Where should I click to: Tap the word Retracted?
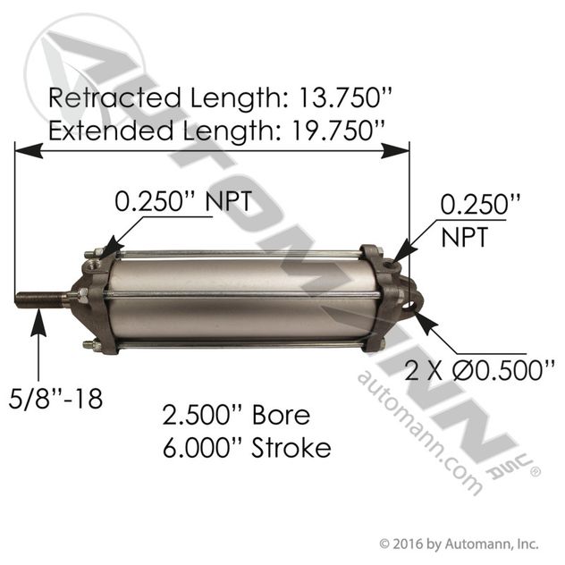point(114,97)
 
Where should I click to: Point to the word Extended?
point(111,131)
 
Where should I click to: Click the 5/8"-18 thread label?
point(55,399)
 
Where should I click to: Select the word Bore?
point(281,415)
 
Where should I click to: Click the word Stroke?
point(291,448)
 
